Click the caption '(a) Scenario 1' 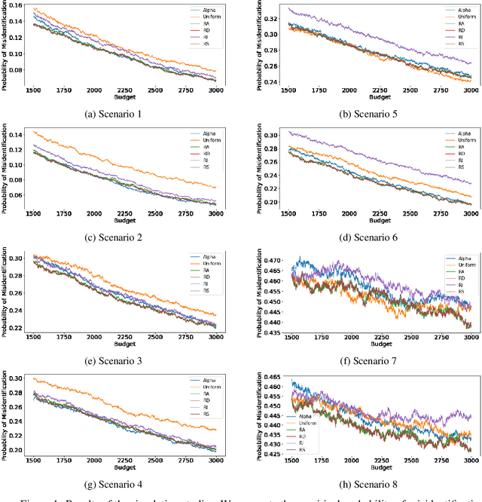coord(121,114)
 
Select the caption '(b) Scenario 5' coord(362,114)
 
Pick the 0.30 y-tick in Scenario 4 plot coord(14,378)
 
